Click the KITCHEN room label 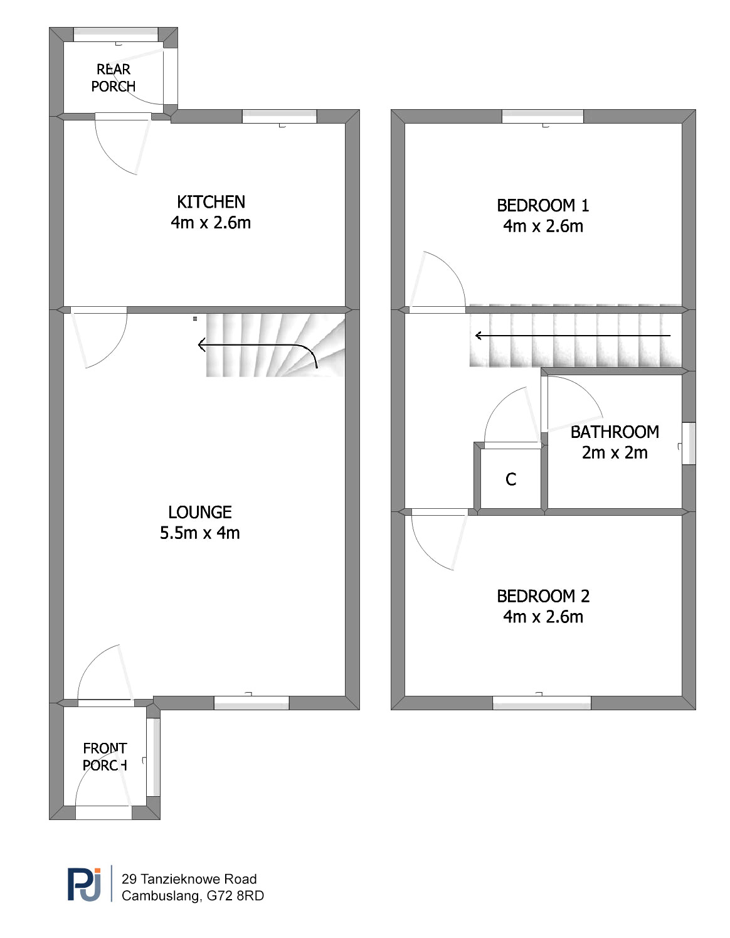[x=211, y=202]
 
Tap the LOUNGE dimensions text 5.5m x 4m [x=200, y=533]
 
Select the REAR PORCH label [x=113, y=78]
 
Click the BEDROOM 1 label [x=542, y=205]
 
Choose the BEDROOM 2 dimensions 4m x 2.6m [x=542, y=617]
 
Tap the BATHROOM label [x=615, y=432]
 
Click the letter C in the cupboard [x=511, y=479]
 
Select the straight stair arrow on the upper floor [x=573, y=336]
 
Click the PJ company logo [x=85, y=885]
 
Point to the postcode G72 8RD [x=235, y=896]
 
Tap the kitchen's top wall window [x=279, y=117]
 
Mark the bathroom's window [x=689, y=444]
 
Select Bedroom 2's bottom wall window [x=542, y=703]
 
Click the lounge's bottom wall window [x=251, y=703]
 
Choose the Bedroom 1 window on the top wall [x=542, y=117]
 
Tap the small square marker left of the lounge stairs [x=195, y=319]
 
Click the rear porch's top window [x=115, y=35]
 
